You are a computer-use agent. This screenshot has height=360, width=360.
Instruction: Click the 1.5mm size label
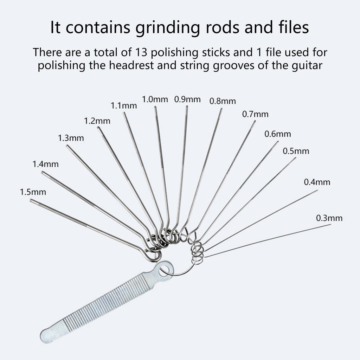pos(33,192)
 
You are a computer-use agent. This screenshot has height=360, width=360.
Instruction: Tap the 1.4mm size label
pos(45,164)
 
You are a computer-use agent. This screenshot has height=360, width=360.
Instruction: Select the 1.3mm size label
pos(71,138)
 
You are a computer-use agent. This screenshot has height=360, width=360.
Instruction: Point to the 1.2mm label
pos(97,121)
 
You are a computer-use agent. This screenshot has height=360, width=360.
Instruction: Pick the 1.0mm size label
pos(155,99)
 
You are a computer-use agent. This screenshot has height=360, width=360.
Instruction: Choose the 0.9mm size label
pos(187,99)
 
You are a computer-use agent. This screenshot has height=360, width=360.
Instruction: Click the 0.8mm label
pos(223,101)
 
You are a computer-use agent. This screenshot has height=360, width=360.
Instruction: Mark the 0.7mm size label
pos(255,114)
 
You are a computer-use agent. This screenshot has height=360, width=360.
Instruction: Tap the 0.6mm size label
pos(278,134)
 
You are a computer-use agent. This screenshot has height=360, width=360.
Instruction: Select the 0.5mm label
pos(296,151)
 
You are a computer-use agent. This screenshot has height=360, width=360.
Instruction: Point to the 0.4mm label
pos(317,182)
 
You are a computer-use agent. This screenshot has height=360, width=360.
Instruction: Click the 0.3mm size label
pos(329,218)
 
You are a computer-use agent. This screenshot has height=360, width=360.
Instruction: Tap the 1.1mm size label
pos(124,105)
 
